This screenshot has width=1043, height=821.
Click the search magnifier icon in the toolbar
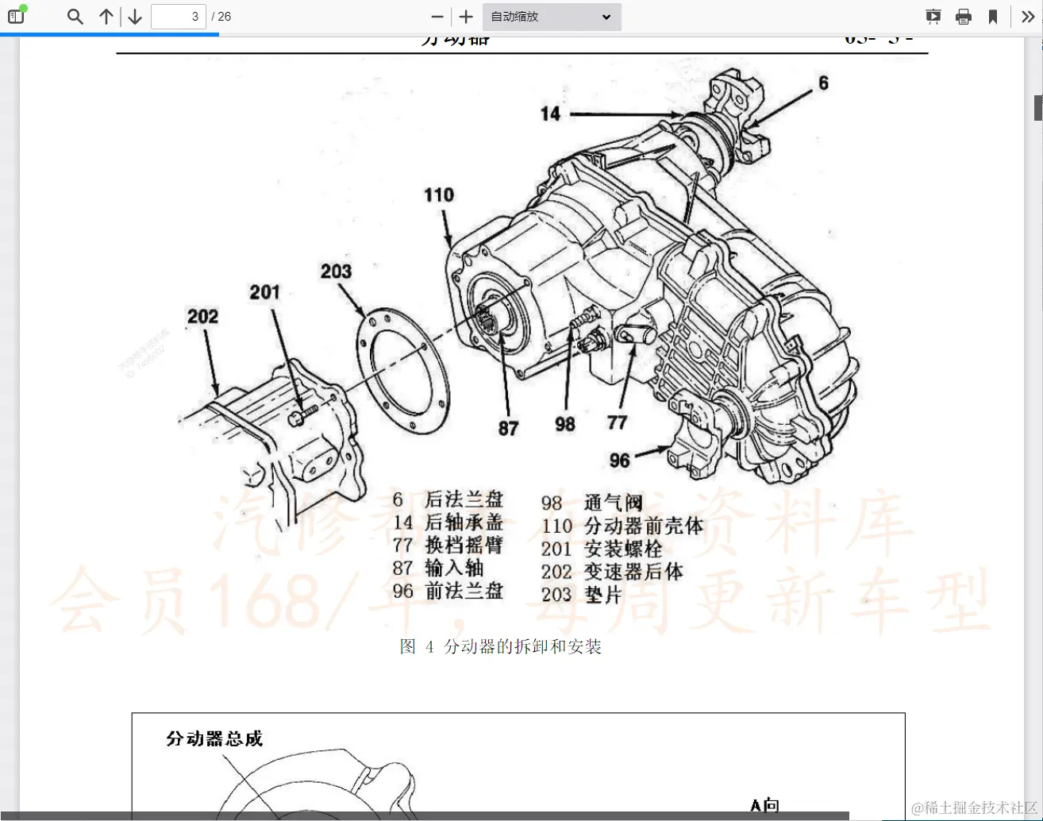75,17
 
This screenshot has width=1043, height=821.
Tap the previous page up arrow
106,17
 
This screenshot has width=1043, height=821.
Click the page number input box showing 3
179,17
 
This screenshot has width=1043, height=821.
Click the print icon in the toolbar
964,17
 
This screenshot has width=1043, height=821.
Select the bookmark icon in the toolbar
992,17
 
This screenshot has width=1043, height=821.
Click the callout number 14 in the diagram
550,114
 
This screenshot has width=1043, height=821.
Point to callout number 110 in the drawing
439,195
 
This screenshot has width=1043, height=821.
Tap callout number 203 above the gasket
336,272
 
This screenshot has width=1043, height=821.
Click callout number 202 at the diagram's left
202,317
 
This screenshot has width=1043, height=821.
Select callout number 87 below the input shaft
508,429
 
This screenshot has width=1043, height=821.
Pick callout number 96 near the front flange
619,461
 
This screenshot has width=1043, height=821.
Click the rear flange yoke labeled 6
742,111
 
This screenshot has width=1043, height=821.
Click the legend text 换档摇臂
464,545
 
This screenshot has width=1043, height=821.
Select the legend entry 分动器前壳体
644,526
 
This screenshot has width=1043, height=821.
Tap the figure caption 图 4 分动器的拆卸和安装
501,647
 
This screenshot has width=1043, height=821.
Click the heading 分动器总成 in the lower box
214,739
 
